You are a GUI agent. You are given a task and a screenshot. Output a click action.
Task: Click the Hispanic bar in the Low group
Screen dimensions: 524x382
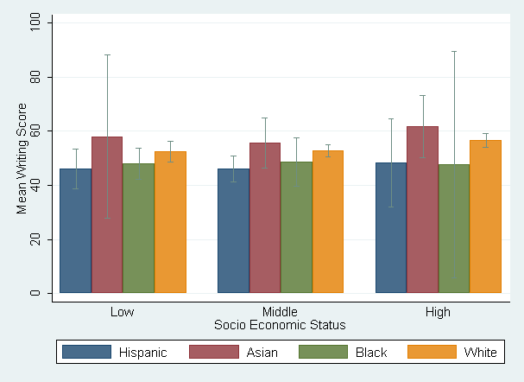point(75,231)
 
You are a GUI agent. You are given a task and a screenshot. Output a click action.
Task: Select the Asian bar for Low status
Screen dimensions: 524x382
point(107,214)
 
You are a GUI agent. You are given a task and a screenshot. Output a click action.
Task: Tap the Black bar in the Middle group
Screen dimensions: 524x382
point(296,227)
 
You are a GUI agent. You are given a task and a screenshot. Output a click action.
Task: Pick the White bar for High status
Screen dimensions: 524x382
point(485,216)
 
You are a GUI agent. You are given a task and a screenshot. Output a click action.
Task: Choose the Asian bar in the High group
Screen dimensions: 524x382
point(422,210)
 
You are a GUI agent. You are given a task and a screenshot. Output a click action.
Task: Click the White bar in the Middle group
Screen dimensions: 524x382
point(328,222)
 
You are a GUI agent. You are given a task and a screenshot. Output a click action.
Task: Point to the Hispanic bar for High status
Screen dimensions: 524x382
point(391,228)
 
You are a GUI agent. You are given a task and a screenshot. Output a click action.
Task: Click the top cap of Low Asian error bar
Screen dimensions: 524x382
point(107,54)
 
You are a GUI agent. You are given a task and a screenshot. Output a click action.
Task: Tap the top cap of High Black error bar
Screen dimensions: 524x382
point(454,52)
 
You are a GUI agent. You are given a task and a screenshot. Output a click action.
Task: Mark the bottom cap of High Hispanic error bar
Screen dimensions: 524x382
point(391,207)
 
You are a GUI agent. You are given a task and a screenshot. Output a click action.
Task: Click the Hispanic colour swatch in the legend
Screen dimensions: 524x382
point(87,352)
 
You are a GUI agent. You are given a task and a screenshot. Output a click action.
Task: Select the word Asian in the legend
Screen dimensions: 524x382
point(262,353)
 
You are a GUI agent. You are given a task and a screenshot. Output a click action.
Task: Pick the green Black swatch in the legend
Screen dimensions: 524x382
point(323,352)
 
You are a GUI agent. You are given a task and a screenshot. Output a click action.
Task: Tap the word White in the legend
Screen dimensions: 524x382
point(480,353)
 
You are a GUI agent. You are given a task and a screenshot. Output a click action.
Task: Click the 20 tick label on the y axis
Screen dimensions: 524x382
point(35,239)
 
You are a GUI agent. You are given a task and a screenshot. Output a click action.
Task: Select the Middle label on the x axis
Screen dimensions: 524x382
point(280,312)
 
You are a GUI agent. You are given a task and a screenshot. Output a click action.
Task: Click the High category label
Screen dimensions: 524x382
point(438,312)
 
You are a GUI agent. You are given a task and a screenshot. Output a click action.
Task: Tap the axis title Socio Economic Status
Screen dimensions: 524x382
point(280,325)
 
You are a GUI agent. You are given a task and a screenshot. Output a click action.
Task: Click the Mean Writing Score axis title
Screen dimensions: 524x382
point(22,158)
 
